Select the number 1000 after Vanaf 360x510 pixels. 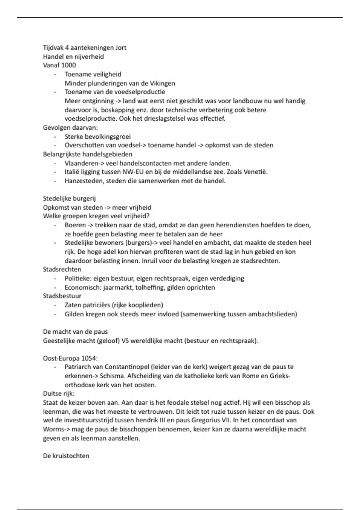(x=68, y=65)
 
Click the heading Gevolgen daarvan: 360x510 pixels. (x=70, y=127)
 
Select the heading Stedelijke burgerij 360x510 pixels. (x=69, y=199)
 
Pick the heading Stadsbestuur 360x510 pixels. (x=62, y=296)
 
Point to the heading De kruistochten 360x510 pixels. (x=66, y=456)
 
